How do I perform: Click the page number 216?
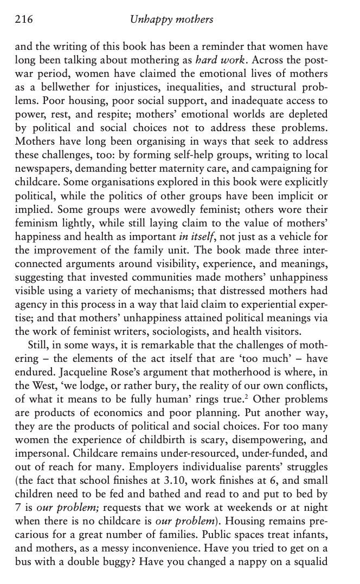pyautogui.click(x=24, y=20)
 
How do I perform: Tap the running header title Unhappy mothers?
pyautogui.click(x=172, y=20)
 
